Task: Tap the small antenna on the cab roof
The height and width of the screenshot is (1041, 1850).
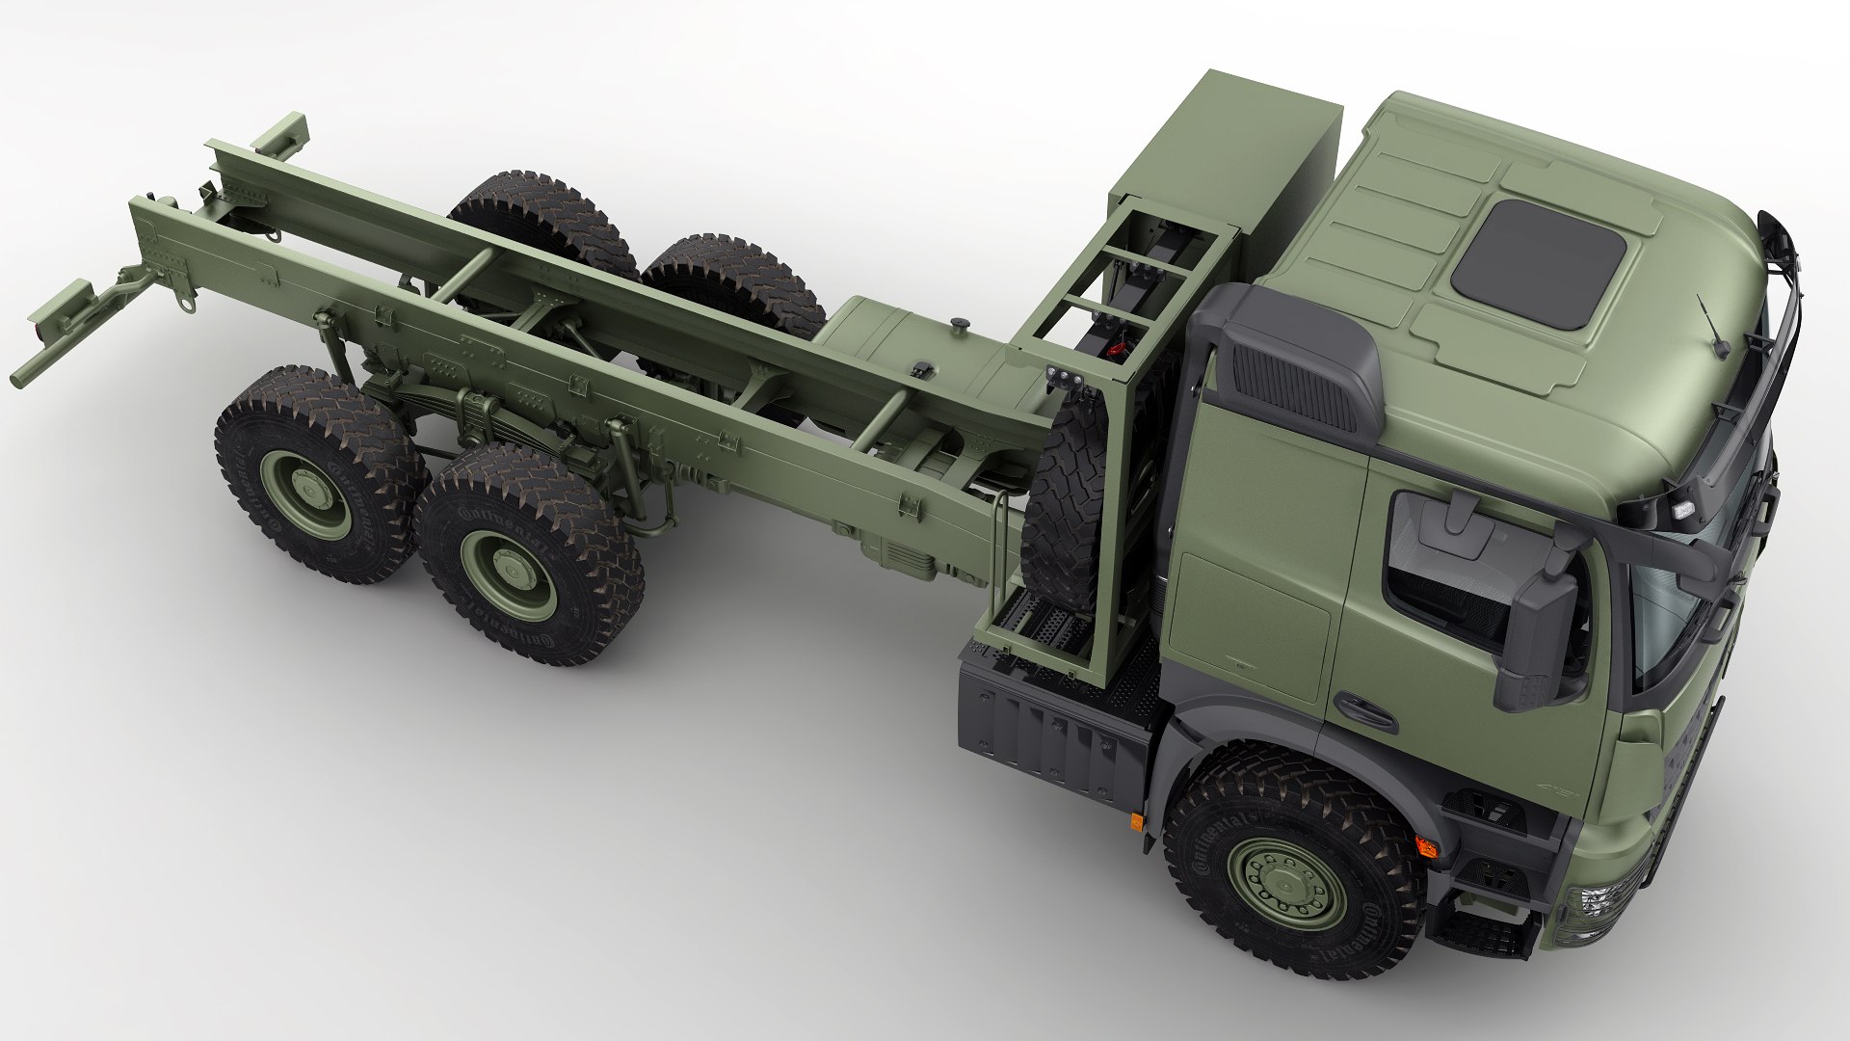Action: pos(1712,328)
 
